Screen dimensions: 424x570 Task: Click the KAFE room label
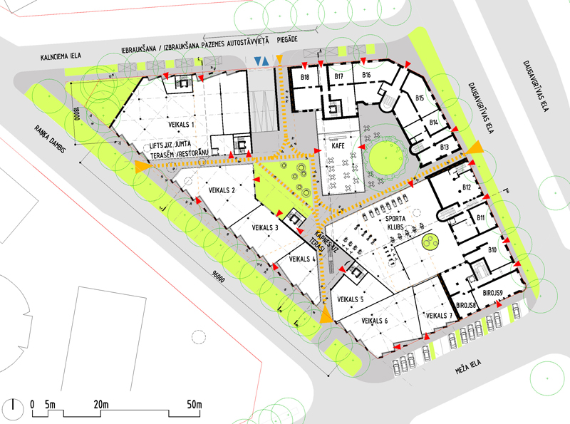click(339, 145)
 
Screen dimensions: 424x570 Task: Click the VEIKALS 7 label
click(437, 316)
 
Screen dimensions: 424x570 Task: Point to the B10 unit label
click(492, 250)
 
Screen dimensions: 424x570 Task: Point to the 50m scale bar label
click(194, 405)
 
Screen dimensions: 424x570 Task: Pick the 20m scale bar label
click(99, 405)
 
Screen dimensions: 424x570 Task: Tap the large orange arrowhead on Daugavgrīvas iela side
click(475, 148)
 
